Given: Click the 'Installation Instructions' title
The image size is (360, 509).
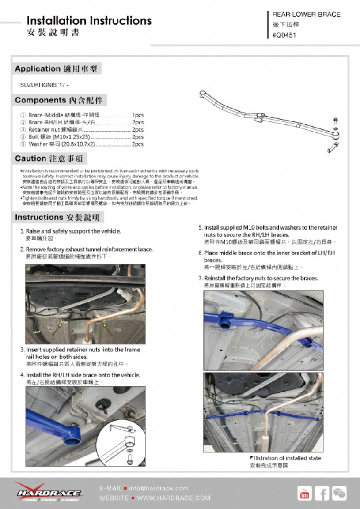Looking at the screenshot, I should [89, 21].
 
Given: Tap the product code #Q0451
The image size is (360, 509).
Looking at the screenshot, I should [284, 35].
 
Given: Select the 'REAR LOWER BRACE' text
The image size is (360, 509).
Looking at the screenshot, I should [306, 15].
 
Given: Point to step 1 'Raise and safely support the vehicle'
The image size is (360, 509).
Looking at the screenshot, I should [73, 231].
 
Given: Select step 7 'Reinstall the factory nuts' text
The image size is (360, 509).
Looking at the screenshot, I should [261, 278].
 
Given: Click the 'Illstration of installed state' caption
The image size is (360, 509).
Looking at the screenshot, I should [287, 458].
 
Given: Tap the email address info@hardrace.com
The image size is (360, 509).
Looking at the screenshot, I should [159, 488].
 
